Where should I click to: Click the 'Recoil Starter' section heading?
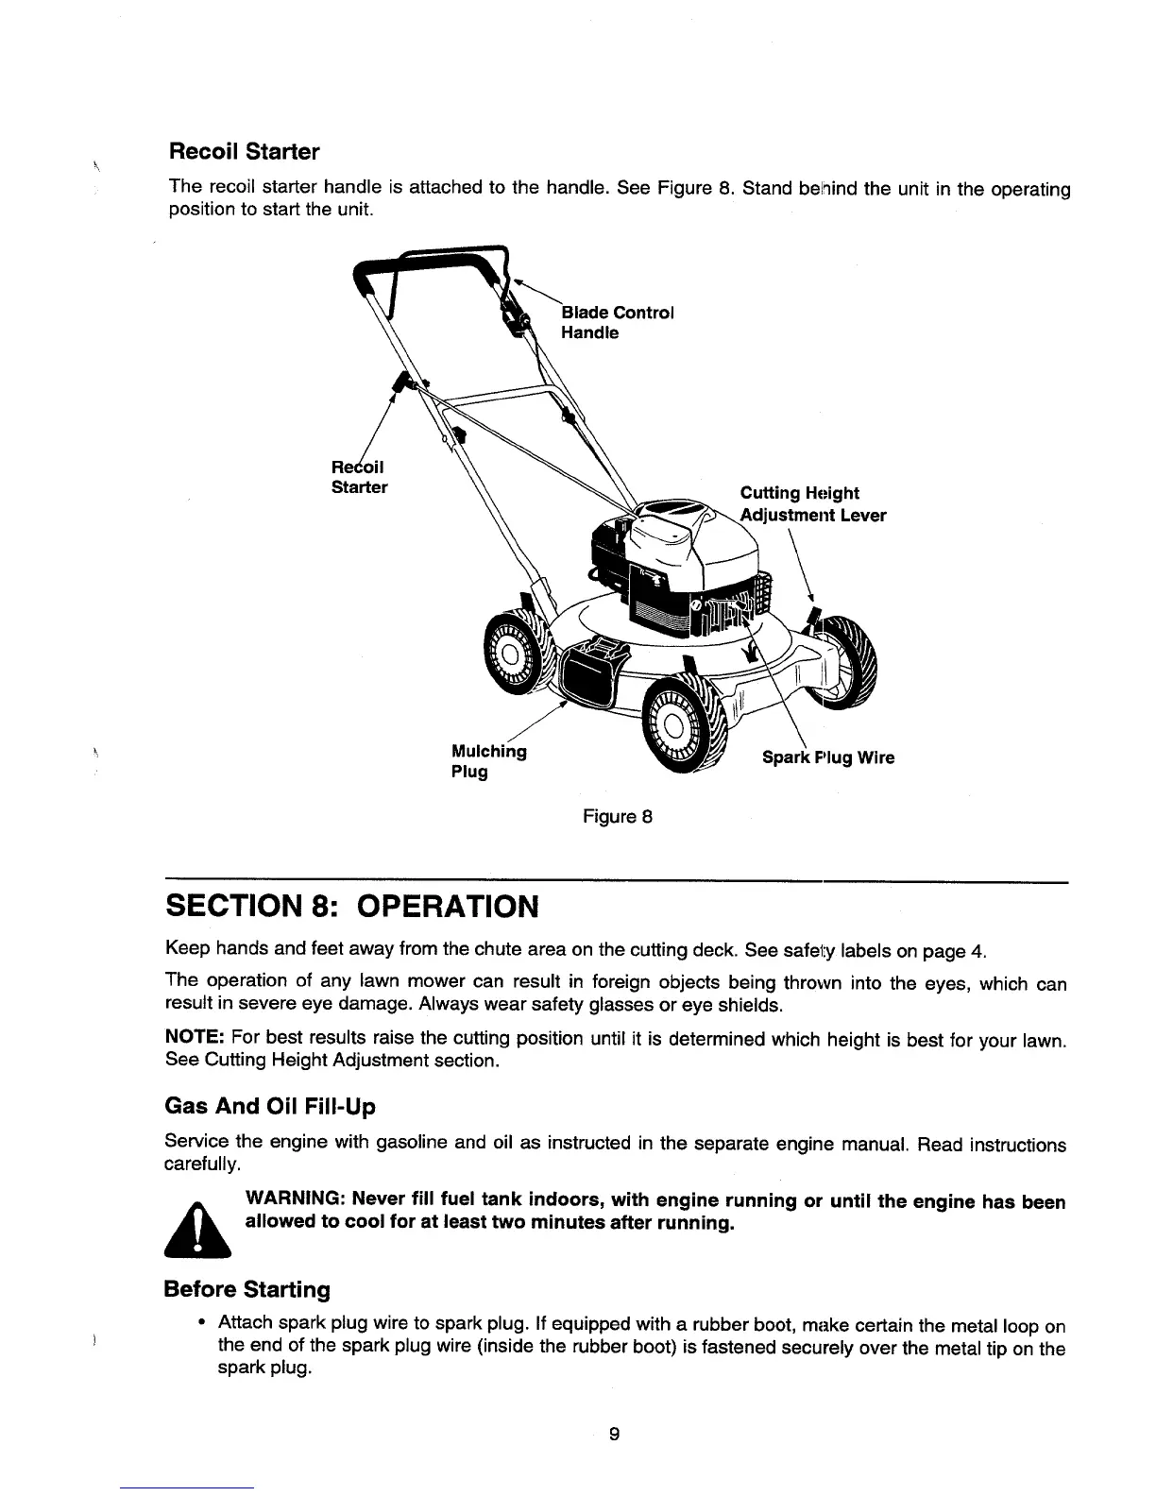point(244,151)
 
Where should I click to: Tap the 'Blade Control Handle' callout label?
point(616,322)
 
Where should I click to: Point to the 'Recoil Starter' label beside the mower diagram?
point(359,477)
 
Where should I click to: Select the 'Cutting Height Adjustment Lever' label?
point(812,504)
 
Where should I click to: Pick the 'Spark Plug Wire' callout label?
point(828,757)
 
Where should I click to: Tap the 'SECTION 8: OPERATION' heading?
point(351,907)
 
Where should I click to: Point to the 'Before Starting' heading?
point(247,1289)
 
